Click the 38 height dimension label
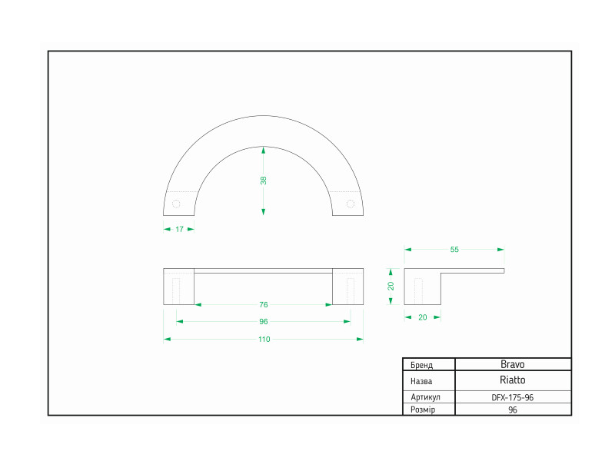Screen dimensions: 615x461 [263, 181]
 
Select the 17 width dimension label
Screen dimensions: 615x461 [179, 229]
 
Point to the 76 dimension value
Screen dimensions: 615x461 [264, 304]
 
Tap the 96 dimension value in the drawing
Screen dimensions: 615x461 [264, 321]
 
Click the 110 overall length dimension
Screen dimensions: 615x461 [264, 339]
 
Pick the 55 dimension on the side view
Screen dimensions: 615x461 [454, 249]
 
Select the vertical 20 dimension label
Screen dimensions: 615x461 [391, 286]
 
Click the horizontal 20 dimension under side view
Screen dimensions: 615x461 [422, 317]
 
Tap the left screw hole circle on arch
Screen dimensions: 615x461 [176, 204]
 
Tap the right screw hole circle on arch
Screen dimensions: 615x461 [351, 204]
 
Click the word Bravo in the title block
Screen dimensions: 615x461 [512, 364]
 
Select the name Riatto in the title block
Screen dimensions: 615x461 [512, 380]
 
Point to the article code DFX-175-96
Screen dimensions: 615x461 [512, 397]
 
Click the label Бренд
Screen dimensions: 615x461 [421, 365]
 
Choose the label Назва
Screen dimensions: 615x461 [421, 381]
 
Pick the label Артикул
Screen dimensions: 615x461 [426, 397]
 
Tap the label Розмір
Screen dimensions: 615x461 [423, 410]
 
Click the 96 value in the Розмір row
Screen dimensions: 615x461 [512, 410]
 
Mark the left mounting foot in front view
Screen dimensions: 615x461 [179, 287]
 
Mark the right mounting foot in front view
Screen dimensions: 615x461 [348, 287]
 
